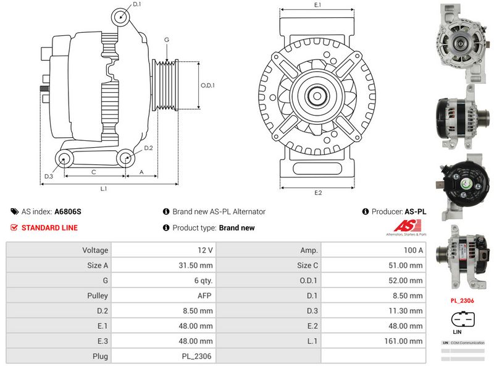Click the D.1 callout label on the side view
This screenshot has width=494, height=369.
(137, 4)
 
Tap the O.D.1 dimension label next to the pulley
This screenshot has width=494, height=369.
(207, 85)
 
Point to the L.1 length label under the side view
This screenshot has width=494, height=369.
(104, 188)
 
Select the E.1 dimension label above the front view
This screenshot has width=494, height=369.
(317, 5)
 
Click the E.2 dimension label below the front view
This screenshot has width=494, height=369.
(318, 193)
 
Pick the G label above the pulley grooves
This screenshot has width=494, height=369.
(167, 40)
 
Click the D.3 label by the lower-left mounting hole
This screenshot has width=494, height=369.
(48, 177)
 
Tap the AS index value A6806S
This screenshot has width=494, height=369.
(68, 211)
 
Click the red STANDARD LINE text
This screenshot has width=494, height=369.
(49, 227)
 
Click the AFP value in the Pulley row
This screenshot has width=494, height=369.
(204, 295)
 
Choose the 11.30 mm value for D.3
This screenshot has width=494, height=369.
(408, 310)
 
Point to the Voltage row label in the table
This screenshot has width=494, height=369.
(95, 250)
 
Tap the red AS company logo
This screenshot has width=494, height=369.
(404, 226)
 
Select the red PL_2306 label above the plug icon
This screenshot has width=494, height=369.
(461, 301)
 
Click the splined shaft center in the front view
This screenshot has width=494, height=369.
(317, 95)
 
